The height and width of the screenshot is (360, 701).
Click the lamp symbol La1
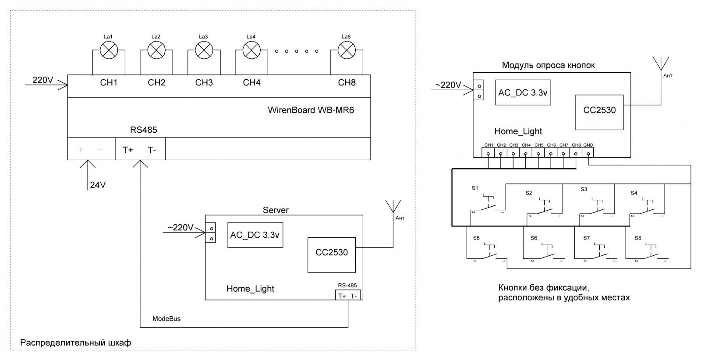[109, 50]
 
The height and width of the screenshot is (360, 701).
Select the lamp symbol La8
[347, 50]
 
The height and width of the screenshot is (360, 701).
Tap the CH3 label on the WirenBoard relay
[204, 82]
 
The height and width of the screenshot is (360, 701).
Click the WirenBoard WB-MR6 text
[311, 110]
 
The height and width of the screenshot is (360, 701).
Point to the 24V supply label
[98, 185]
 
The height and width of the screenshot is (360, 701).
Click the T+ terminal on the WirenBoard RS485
[128, 150]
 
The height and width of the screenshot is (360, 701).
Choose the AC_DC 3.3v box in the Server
[255, 235]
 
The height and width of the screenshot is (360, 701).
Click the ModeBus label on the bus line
[166, 318]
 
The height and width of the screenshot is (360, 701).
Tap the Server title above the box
[276, 210]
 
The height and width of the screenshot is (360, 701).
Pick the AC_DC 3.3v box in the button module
[523, 93]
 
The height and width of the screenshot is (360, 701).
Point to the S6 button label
[534, 238]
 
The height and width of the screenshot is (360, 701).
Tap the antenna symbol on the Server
[392, 207]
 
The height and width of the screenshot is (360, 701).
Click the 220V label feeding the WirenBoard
[42, 80]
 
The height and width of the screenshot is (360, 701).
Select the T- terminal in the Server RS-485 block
[354, 296]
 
